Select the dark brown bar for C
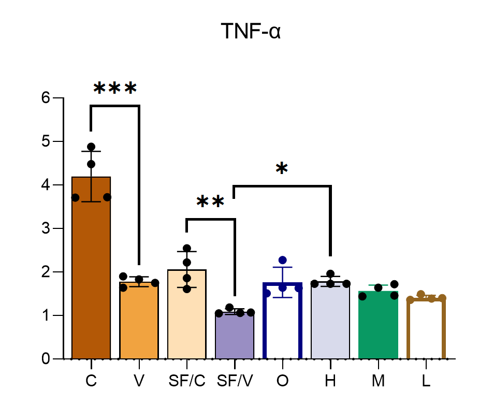(91, 269)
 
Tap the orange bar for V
(139, 321)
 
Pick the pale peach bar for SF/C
(187, 316)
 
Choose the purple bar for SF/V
(235, 337)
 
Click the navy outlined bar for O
(282, 321)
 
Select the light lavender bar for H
(330, 321)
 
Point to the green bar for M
(378, 326)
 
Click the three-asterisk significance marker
(115, 89)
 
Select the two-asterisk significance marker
(210, 202)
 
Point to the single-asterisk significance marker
(281, 169)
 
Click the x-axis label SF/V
(235, 381)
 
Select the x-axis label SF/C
(187, 381)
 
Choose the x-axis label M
(378, 381)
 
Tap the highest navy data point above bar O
(283, 260)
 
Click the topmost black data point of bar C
(91, 147)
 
